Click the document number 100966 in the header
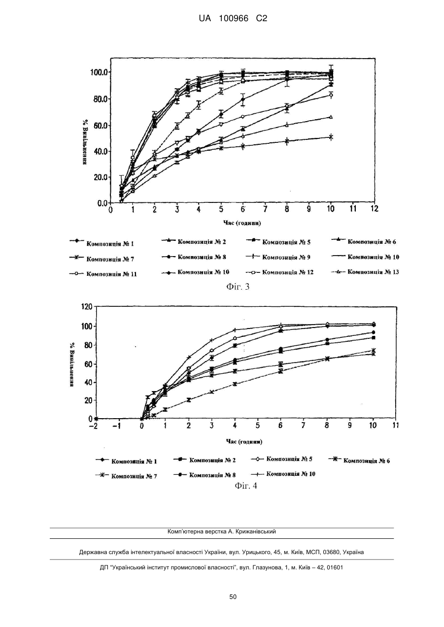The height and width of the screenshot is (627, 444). [x=234, y=19]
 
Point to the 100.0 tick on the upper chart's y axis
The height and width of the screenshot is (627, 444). [x=99, y=72]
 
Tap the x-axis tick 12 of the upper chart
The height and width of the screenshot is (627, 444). [x=374, y=209]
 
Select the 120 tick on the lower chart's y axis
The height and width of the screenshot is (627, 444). [x=87, y=306]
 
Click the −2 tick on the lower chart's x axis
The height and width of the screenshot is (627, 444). [x=96, y=426]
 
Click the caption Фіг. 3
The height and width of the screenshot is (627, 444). [x=238, y=287]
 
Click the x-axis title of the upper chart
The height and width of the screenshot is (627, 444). [x=242, y=223]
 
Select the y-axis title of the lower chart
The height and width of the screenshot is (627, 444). [x=72, y=364]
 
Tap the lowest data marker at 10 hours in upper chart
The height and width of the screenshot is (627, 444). [x=331, y=137]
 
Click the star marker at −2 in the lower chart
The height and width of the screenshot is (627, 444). [x=96, y=419]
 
